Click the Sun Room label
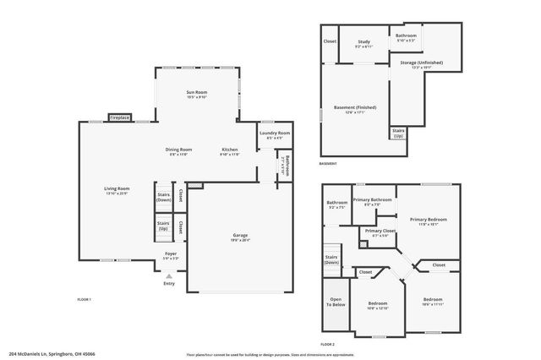(x=196, y=94)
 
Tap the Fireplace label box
(x=119, y=118)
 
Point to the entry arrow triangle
(x=169, y=275)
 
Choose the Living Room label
(x=117, y=190)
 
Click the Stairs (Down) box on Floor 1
(x=163, y=196)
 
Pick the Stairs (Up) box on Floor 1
(x=163, y=226)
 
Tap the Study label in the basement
(x=363, y=43)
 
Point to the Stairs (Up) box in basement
(x=398, y=133)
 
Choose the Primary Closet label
(x=380, y=232)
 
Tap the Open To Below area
(x=336, y=303)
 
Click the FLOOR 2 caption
(x=328, y=345)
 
